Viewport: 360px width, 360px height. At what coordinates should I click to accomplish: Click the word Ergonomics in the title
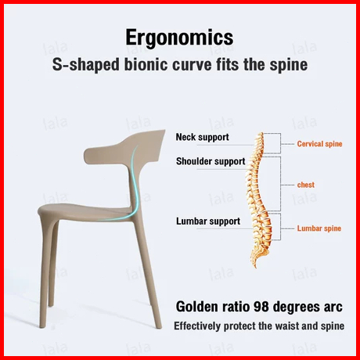pyautogui.click(x=179, y=38)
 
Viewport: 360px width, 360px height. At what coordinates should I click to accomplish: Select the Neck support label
pyautogui.click(x=202, y=137)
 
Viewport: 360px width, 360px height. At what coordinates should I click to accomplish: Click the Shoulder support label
pyautogui.click(x=211, y=161)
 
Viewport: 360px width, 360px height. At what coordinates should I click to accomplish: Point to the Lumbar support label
pyautogui.click(x=208, y=221)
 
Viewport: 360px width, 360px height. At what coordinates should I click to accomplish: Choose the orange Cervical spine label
pyautogui.click(x=319, y=144)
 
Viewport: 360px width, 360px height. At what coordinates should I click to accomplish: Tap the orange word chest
pyautogui.click(x=306, y=185)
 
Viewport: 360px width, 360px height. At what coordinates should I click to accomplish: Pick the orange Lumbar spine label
pyautogui.click(x=319, y=229)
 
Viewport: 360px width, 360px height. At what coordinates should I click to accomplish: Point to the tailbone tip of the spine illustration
pyautogui.click(x=256, y=267)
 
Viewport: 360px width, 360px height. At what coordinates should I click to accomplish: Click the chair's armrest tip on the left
pyautogui.click(x=87, y=157)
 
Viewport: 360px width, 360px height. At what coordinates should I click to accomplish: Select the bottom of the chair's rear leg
pyautogui.click(x=157, y=326)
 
